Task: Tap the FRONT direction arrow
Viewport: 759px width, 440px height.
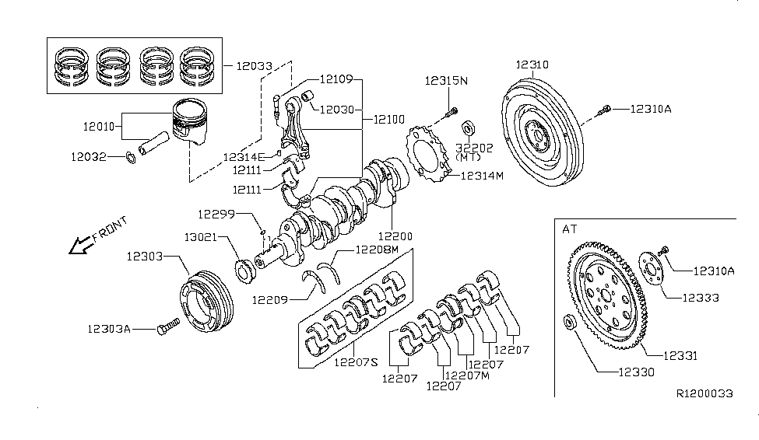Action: pyautogui.click(x=79, y=246)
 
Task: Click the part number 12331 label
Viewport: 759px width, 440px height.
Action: pyautogui.click(x=680, y=356)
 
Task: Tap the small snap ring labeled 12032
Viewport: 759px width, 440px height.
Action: pyautogui.click(x=131, y=160)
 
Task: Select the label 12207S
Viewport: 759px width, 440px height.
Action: pyautogui.click(x=357, y=361)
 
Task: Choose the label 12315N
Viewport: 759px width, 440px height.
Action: pyautogui.click(x=446, y=81)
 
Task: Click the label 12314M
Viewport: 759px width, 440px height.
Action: pyautogui.click(x=482, y=176)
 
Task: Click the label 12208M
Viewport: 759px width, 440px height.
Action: pyautogui.click(x=378, y=250)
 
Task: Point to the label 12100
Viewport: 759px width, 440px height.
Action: pyautogui.click(x=389, y=120)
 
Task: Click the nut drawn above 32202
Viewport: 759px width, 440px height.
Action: pyautogui.click(x=468, y=127)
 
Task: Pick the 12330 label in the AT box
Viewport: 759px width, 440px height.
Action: pyautogui.click(x=637, y=373)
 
